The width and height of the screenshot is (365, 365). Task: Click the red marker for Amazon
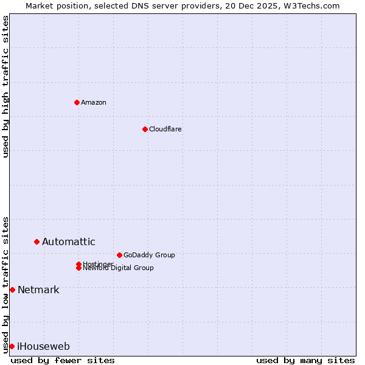point(77,102)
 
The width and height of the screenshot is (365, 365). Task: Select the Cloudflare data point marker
point(145,129)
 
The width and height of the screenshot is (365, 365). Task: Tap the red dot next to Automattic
point(36,242)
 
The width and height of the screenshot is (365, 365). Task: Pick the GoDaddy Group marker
point(119,255)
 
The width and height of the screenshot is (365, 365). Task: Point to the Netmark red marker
point(12,290)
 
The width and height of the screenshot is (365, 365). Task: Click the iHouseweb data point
point(12,346)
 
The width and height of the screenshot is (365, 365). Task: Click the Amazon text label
point(94,102)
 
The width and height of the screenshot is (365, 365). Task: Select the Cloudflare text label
point(165,129)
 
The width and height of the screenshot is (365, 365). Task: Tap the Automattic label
point(69,242)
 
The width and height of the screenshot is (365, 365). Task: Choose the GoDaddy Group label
point(149,255)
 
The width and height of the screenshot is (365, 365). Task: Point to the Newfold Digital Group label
point(119,268)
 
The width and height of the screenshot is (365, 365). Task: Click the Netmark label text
point(38,290)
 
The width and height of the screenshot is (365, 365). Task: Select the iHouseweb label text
point(43,347)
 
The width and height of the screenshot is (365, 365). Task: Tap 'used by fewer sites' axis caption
point(63,360)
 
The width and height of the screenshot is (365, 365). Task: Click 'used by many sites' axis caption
point(305,360)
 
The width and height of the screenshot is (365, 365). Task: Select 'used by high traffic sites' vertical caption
point(5,86)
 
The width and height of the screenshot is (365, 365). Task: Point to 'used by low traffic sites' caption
point(5,285)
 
